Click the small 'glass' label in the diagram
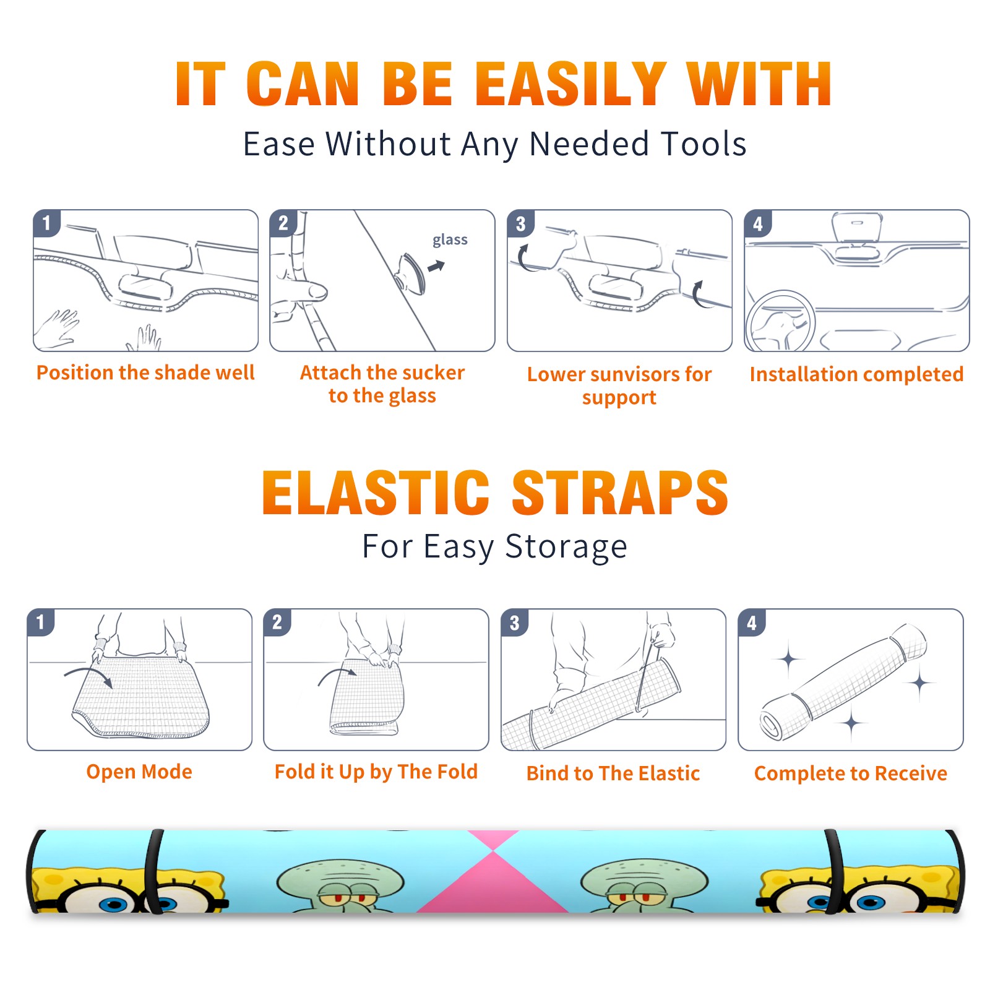pyautogui.click(x=450, y=240)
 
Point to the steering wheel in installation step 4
pyautogui.click(x=780, y=322)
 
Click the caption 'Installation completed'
pyautogui.click(x=856, y=374)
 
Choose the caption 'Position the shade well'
pyautogui.click(x=145, y=372)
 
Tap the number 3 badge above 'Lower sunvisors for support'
pyautogui.click(x=520, y=223)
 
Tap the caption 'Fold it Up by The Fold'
pyautogui.click(x=376, y=772)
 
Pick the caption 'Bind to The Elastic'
pyautogui.click(x=613, y=773)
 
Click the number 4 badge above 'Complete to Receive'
pyautogui.click(x=751, y=622)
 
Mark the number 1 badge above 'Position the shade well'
pyautogui.click(x=46, y=223)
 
